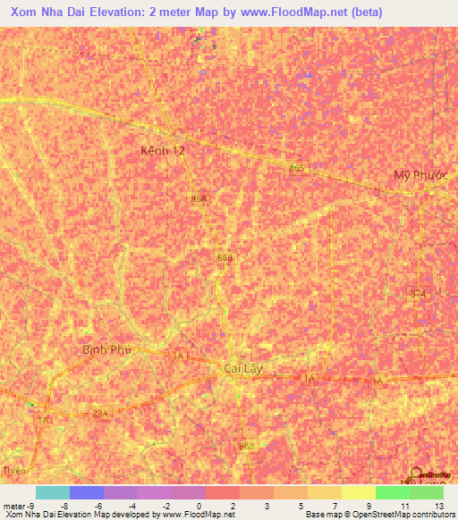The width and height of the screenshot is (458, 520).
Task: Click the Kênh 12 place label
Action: (x=163, y=152)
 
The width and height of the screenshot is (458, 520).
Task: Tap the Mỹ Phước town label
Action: (x=420, y=174)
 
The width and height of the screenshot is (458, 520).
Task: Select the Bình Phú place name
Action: (x=106, y=349)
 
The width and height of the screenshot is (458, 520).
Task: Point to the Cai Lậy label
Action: (x=242, y=368)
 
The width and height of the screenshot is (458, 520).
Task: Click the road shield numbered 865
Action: (x=298, y=168)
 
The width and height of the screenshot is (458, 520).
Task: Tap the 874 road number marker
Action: (x=418, y=293)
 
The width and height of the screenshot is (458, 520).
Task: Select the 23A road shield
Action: (x=100, y=413)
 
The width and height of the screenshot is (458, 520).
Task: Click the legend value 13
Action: (x=438, y=505)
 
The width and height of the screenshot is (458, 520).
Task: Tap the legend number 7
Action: (x=335, y=505)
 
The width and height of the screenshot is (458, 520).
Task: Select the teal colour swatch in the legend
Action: (x=52, y=492)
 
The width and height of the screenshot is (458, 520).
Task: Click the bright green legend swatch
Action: (x=392, y=492)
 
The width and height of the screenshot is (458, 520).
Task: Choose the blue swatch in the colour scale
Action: (x=86, y=492)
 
